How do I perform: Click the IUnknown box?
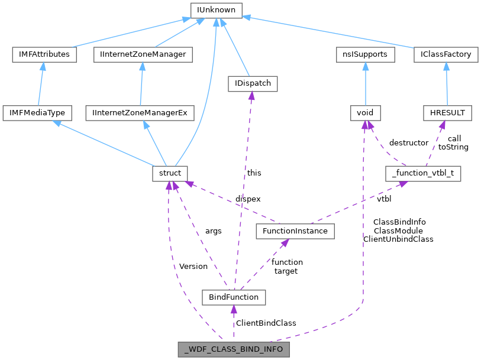[x=215, y=9]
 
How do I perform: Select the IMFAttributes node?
[x=41, y=54]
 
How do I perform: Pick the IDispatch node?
[x=253, y=83]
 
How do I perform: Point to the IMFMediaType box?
[x=37, y=112]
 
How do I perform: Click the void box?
[x=365, y=112]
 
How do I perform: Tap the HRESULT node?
[x=447, y=112]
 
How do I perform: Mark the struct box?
[x=170, y=173]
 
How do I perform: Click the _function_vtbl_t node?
[x=423, y=173]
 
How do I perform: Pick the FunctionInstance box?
[x=295, y=231]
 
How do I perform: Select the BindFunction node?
[x=234, y=297]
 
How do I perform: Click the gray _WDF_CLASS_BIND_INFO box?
[x=234, y=349]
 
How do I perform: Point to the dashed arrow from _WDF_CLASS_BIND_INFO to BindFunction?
[x=234, y=323]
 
